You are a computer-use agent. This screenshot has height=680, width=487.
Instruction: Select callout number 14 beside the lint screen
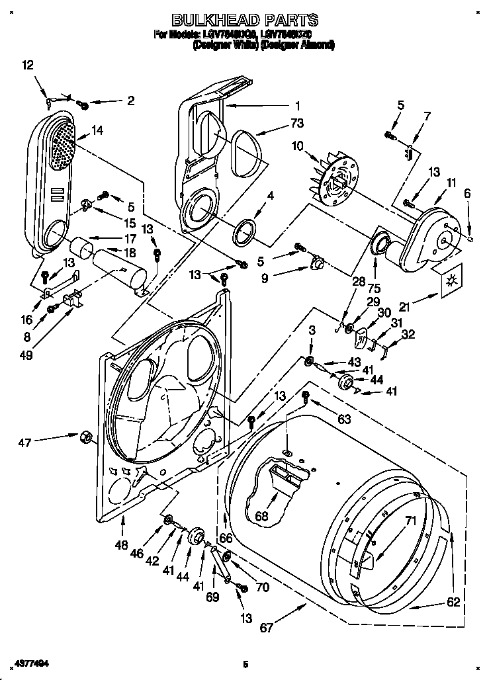pyautogui.click(x=97, y=130)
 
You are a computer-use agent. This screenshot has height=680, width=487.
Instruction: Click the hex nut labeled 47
pyautogui.click(x=85, y=437)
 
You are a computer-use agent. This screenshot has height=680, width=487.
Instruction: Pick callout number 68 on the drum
pyautogui.click(x=262, y=516)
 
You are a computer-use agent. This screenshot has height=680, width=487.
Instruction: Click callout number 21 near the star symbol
pyautogui.click(x=405, y=306)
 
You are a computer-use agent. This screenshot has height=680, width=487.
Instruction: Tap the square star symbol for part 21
pyautogui.click(x=452, y=280)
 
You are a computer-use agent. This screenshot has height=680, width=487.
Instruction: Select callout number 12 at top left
pyautogui.click(x=26, y=65)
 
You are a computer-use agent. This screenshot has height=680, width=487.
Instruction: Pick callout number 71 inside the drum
pyautogui.click(x=410, y=521)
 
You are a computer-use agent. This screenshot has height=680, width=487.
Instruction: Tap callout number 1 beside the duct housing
pyautogui.click(x=297, y=105)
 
